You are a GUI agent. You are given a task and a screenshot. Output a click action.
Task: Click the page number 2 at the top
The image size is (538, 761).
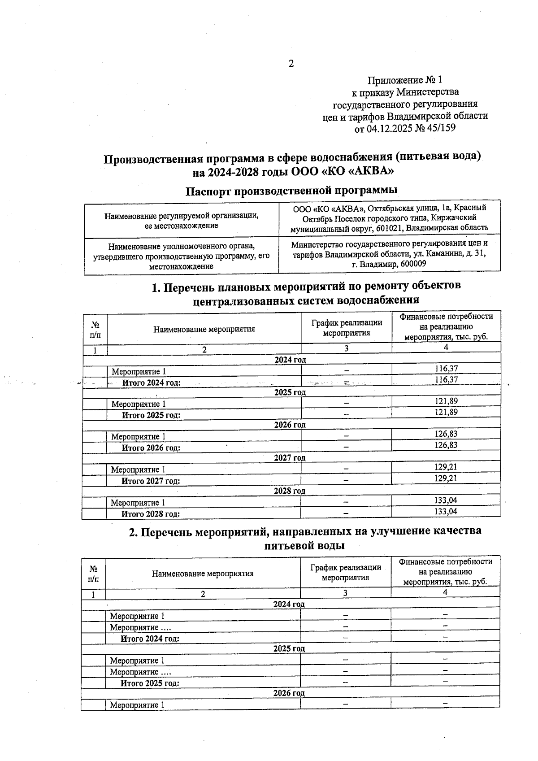pyautogui.click(x=291, y=64)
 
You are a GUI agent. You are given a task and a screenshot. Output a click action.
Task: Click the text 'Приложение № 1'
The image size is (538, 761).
pyautogui.click(x=404, y=80)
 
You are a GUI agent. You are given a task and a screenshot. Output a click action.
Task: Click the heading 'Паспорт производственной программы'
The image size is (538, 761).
pyautogui.click(x=292, y=190)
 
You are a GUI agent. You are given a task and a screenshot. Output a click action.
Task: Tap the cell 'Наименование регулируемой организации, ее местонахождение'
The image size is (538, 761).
pyautogui.click(x=182, y=220)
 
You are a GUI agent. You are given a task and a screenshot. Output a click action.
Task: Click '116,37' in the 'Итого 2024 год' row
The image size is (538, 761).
pyautogui.click(x=446, y=380)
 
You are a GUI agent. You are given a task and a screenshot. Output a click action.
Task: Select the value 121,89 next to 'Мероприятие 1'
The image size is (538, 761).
pyautogui.click(x=446, y=401)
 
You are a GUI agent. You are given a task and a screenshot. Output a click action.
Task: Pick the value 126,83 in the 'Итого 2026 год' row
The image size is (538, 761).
pyautogui.click(x=446, y=445)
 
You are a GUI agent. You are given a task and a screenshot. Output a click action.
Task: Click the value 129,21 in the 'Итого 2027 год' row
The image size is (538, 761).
pyautogui.click(x=446, y=478)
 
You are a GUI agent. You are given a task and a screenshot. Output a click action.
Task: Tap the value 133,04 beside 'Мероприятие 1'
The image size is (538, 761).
pyautogui.click(x=446, y=500)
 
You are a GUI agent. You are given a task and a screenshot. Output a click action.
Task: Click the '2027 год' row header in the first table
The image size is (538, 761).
pyautogui.click(x=290, y=458)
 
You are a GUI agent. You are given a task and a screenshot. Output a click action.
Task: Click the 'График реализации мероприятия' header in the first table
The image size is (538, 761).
pyautogui.click(x=347, y=328)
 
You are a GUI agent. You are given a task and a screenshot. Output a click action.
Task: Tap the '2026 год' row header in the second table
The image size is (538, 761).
pyautogui.click(x=289, y=693)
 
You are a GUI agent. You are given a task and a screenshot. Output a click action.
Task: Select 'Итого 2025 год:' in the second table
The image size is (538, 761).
pyautogui.click(x=150, y=683)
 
